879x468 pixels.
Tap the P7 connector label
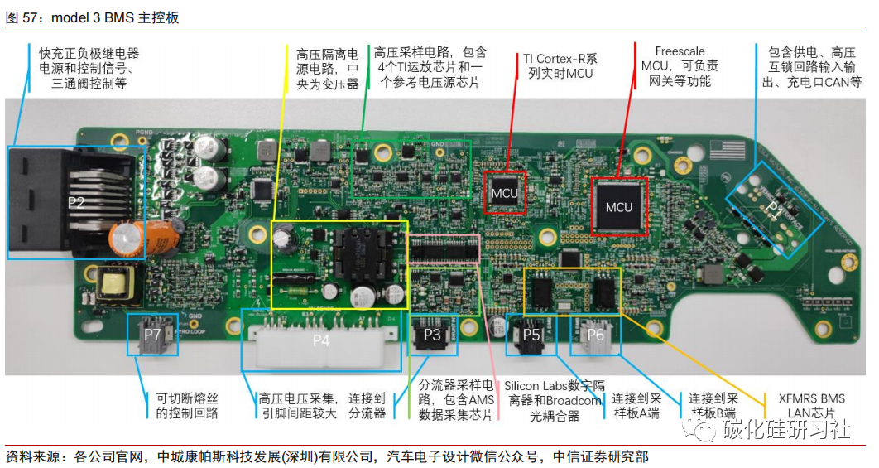click(152, 335)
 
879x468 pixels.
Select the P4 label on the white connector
click(320, 340)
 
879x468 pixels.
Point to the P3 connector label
click(432, 335)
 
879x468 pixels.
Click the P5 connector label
click(531, 335)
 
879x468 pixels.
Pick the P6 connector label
click(595, 335)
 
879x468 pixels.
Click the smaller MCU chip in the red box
click(504, 194)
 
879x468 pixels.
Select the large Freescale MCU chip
click(618, 206)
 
